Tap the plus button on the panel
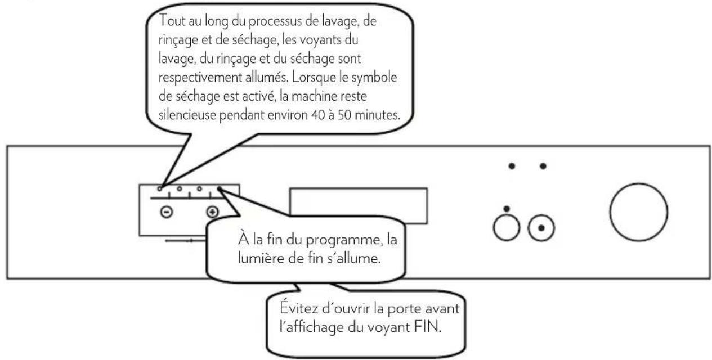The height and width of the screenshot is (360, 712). pyautogui.click(x=212, y=213)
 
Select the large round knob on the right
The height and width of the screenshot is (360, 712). pyautogui.click(x=635, y=211)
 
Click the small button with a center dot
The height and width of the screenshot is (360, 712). pyautogui.click(x=541, y=228)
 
